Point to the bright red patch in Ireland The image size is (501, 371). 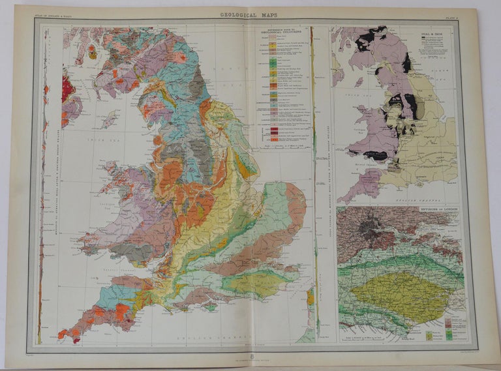(x=67, y=88)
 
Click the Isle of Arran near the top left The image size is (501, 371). (x=93, y=53)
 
